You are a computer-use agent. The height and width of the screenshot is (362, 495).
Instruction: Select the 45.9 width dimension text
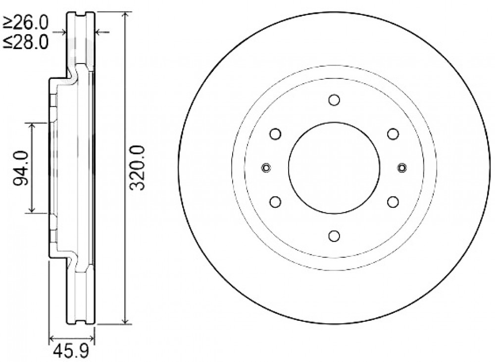71,351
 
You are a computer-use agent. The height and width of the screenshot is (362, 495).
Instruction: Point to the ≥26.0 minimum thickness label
25,22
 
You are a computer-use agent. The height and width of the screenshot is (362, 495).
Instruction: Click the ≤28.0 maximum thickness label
25,42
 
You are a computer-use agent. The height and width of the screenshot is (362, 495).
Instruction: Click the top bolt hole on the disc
334,100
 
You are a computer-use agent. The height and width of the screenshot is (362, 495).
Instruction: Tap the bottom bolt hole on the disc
334,236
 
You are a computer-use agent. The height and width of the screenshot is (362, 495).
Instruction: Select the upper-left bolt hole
276,134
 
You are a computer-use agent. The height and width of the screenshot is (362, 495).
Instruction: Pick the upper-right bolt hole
393,134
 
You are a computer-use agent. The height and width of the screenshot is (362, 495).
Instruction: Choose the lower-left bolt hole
276,202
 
